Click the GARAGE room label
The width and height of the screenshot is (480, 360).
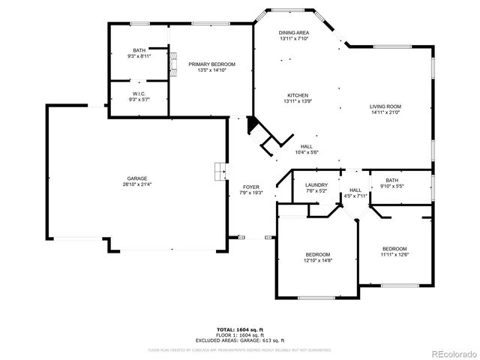tap(136, 178)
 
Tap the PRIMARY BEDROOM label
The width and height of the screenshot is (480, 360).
tap(211, 64)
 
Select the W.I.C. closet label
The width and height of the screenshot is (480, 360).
tap(139, 94)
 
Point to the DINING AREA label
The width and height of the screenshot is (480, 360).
tap(294, 33)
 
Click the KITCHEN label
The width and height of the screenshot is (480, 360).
tap(298, 95)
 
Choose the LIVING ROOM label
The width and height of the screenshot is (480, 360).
tap(385, 106)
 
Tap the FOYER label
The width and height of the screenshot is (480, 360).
tap(250, 187)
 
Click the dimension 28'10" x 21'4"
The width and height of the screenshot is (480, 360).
tap(136, 184)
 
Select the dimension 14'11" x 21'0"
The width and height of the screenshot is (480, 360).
tap(385, 112)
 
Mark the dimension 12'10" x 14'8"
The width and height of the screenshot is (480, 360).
tap(317, 260)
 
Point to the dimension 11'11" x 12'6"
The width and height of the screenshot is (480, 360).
tap(394, 254)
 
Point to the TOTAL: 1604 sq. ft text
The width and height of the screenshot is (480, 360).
tap(240, 329)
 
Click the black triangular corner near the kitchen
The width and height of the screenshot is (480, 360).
tap(253, 123)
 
